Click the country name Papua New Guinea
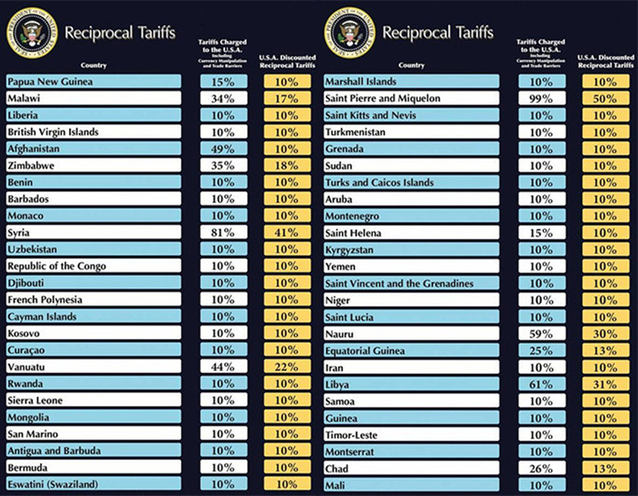coord(51,82)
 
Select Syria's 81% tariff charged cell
coord(223,233)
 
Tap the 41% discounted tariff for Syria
coord(287,233)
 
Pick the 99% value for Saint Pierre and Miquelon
coord(541,99)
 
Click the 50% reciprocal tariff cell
coord(605,99)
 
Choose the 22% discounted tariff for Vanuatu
coord(287,367)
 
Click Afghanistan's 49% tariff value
coord(223,149)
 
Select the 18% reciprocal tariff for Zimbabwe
coord(287,166)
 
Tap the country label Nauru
coord(340,334)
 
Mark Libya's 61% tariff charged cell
coord(541,385)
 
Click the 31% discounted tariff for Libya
coord(605,385)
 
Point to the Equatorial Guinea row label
coord(365,351)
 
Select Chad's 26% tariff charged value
coord(541,468)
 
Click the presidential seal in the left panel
coord(32,32)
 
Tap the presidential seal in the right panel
coord(350,32)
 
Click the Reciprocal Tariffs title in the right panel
coord(437,32)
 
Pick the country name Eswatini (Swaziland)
coord(53,484)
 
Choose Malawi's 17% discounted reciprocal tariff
coord(287,99)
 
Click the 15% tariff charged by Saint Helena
coord(541,233)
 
